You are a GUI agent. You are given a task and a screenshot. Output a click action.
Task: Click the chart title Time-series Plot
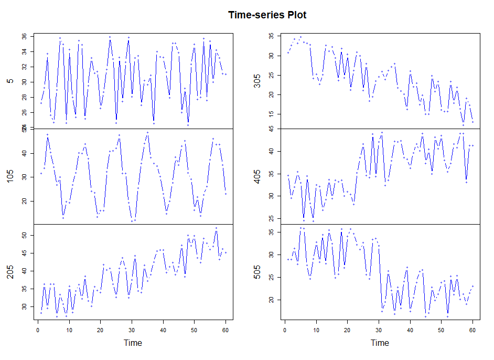pyautogui.click(x=267, y=15)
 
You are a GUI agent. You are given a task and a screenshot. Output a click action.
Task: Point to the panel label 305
pyautogui.click(x=257, y=80)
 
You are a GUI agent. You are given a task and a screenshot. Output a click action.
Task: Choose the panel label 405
pyautogui.click(x=257, y=176)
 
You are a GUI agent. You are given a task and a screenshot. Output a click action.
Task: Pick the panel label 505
pyautogui.click(x=257, y=271)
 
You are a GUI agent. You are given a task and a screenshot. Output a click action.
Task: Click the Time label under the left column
pyautogui.click(x=133, y=343)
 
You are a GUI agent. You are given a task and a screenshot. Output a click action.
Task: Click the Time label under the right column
pyautogui.click(x=380, y=343)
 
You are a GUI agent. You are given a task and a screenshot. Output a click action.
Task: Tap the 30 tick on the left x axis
pyautogui.click(x=132, y=330)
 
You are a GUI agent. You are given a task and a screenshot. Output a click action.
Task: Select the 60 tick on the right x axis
pyautogui.click(x=472, y=330)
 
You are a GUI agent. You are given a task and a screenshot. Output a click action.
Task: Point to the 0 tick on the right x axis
pyautogui.click(x=284, y=330)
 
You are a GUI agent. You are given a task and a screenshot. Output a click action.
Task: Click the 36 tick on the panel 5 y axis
pyautogui.click(x=24, y=37)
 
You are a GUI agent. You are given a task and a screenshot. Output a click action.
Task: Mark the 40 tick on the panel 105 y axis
pyautogui.click(x=24, y=153)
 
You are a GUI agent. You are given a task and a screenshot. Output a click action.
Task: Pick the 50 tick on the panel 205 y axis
pyautogui.click(x=24, y=236)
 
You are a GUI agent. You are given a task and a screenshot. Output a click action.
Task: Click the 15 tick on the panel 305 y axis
pyautogui.click(x=271, y=114)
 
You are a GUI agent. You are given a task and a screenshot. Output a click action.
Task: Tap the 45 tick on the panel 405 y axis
pyautogui.click(x=271, y=129)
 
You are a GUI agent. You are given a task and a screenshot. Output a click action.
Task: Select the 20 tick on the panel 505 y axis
pyautogui.click(x=271, y=300)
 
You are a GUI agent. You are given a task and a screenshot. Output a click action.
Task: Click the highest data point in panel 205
pyautogui.click(x=216, y=228)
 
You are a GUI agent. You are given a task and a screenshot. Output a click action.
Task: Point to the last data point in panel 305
pyautogui.click(x=472, y=122)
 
